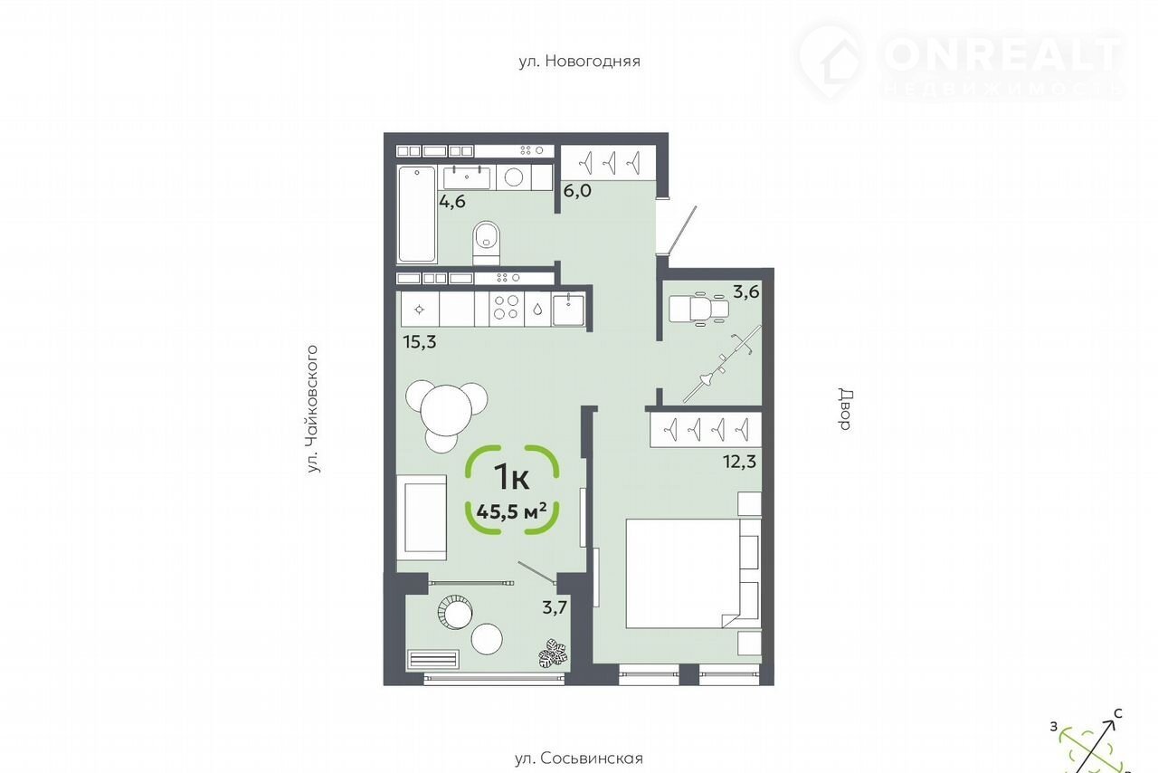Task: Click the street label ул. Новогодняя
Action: click(x=580, y=61)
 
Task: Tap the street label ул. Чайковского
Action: click(x=313, y=409)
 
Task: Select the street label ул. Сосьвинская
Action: click(x=579, y=759)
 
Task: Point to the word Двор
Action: click(x=845, y=409)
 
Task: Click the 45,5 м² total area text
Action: click(x=511, y=512)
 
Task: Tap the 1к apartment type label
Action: click(x=511, y=476)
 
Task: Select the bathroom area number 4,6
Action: click(x=452, y=201)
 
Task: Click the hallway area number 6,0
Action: click(x=577, y=191)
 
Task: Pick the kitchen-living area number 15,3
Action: click(x=420, y=342)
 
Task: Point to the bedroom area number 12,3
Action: click(x=739, y=461)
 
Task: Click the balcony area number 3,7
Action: click(x=555, y=607)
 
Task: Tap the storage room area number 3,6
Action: click(x=746, y=292)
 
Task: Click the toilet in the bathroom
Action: click(x=487, y=243)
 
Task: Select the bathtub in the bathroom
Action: click(x=417, y=215)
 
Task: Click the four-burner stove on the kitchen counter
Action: click(x=507, y=308)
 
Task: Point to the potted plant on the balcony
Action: click(x=553, y=654)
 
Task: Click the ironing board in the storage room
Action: click(x=722, y=363)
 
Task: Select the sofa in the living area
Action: click(x=422, y=518)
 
